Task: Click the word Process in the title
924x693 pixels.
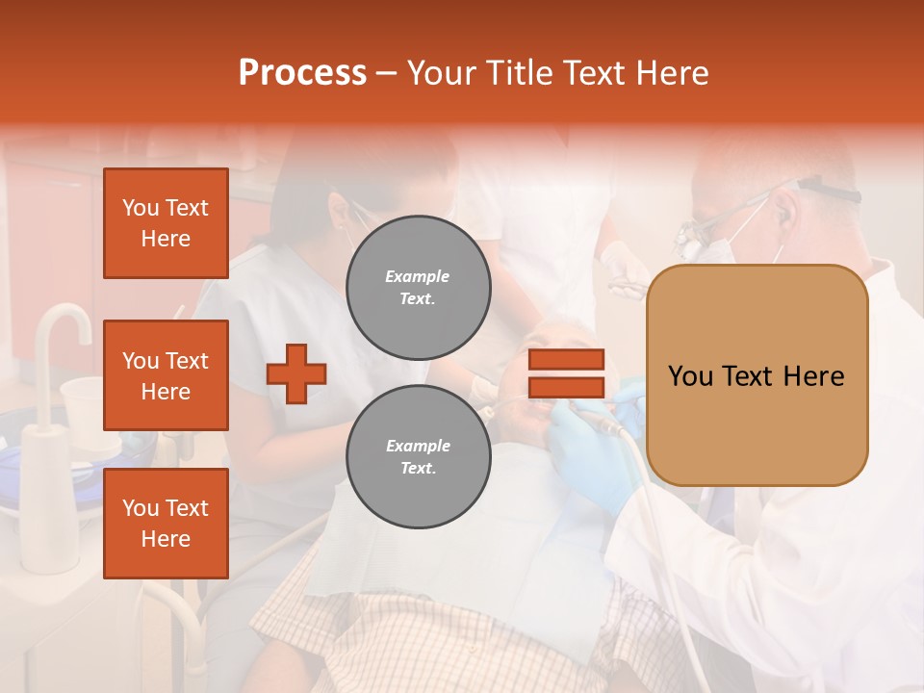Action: (x=302, y=73)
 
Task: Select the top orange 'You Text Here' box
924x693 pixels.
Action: (x=166, y=223)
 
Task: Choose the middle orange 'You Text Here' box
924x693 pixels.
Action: (x=166, y=375)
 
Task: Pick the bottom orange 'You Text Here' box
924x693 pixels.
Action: (x=166, y=524)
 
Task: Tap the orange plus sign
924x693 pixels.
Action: (x=296, y=373)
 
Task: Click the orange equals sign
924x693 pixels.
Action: (x=566, y=373)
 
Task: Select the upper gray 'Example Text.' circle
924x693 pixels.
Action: (x=418, y=288)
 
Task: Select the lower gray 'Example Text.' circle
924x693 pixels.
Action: (x=418, y=457)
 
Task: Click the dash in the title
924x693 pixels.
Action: (x=387, y=74)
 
